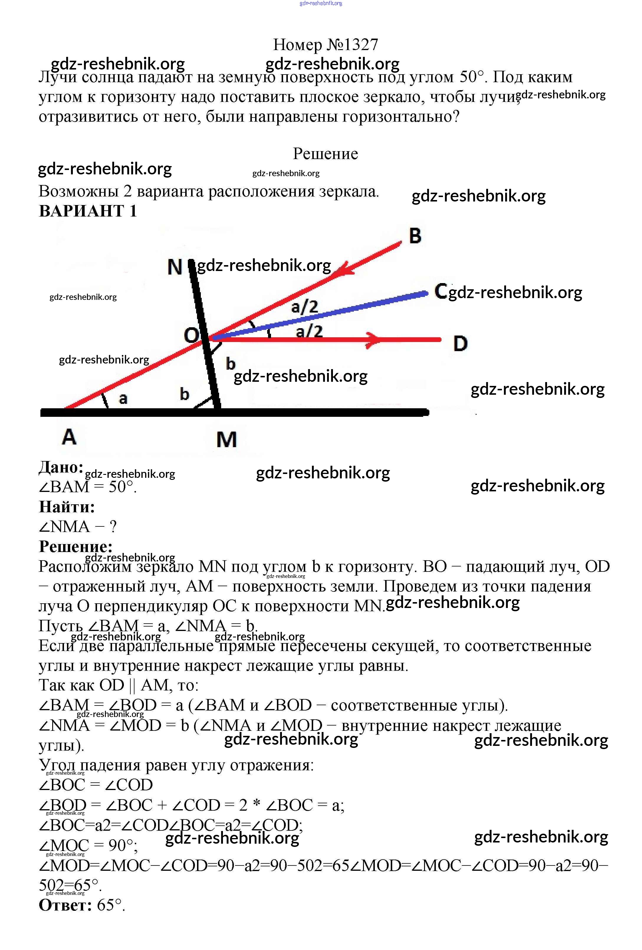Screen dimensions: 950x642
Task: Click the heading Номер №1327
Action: (325, 44)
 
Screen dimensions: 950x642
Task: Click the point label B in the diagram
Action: (415, 236)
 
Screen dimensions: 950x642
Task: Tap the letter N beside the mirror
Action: (175, 267)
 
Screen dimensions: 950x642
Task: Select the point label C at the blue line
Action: (440, 291)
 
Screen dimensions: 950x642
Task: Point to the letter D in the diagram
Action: (460, 343)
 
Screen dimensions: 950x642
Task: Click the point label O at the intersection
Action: (191, 335)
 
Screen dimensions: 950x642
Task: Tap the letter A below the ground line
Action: (69, 437)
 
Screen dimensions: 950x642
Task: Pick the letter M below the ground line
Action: (226, 440)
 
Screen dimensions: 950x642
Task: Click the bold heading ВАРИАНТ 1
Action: (88, 211)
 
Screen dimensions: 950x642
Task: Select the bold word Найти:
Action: (67, 507)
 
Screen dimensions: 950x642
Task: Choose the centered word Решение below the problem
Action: (325, 154)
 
